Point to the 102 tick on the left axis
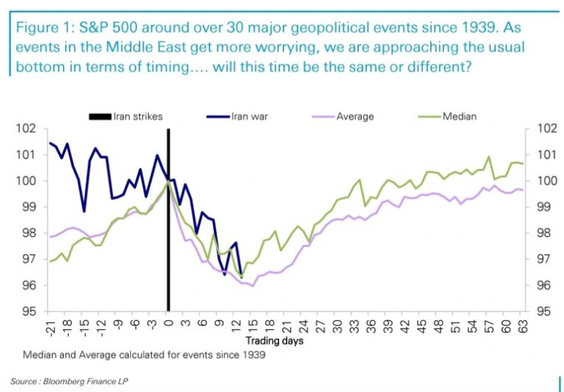point(27,129)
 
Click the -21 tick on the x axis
point(50,326)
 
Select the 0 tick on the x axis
point(168,323)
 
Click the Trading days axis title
point(274,341)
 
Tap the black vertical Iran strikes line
point(168,222)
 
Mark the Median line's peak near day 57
point(489,157)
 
